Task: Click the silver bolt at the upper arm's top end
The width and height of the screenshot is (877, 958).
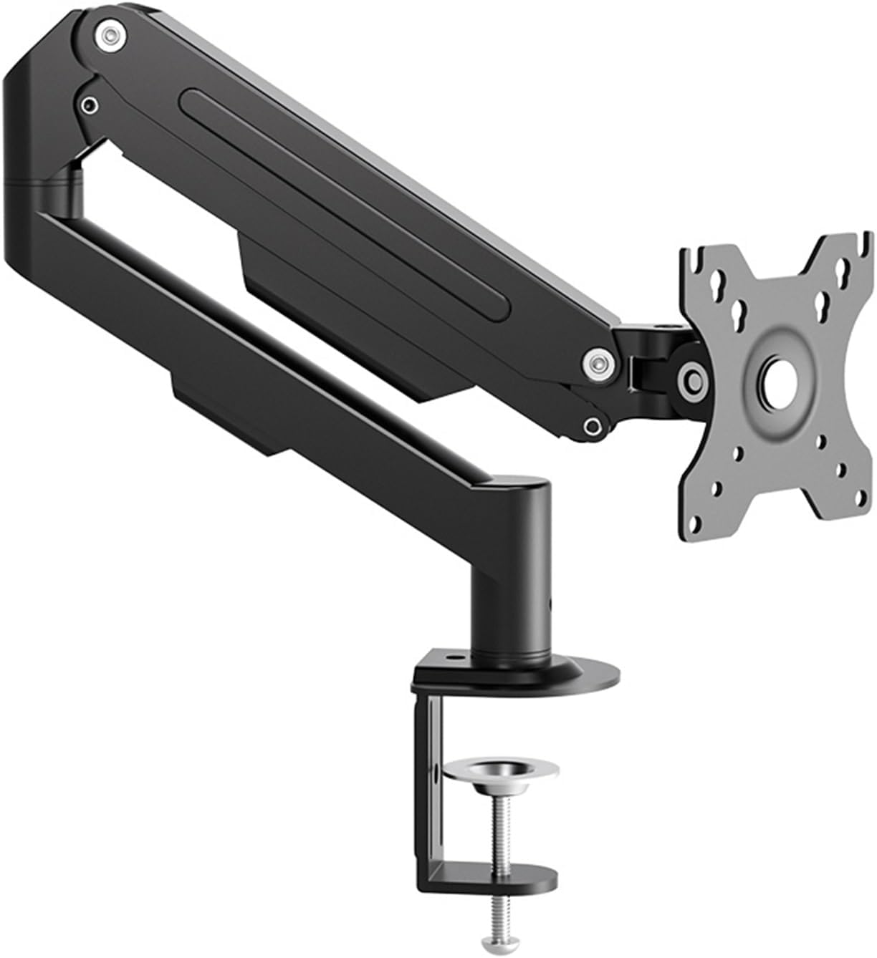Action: [109, 34]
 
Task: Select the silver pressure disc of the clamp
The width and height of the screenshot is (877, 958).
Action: [500, 772]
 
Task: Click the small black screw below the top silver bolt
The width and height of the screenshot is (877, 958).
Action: [89, 105]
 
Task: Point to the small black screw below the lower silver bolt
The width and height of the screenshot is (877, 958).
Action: [593, 427]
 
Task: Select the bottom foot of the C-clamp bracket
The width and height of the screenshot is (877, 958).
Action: [487, 879]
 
